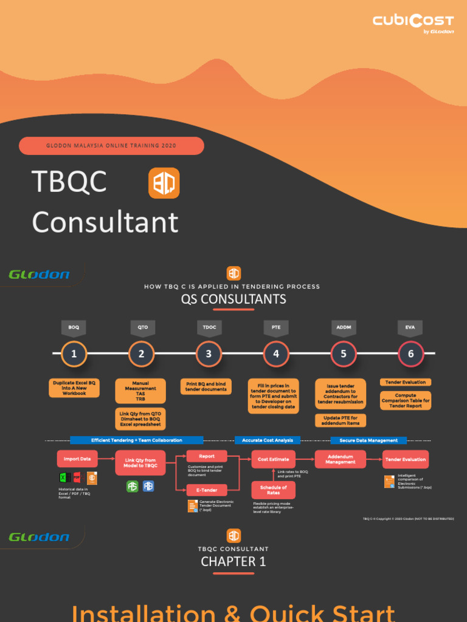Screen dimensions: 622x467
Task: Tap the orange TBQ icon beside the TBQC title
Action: click(x=164, y=183)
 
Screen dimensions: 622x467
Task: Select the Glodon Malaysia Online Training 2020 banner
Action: click(x=111, y=146)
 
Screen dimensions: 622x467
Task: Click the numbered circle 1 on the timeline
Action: click(x=74, y=354)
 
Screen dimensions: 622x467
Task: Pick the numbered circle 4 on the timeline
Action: click(x=276, y=354)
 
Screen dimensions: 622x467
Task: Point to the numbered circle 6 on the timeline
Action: click(x=410, y=354)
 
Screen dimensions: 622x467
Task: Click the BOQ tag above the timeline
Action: click(x=74, y=327)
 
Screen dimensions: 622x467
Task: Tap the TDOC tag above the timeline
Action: click(x=209, y=327)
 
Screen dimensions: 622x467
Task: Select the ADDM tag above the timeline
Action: click(x=344, y=327)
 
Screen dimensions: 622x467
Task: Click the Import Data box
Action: click(x=77, y=459)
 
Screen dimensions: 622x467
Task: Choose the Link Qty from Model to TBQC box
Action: click(x=141, y=463)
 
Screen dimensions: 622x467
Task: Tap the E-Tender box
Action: click(x=206, y=490)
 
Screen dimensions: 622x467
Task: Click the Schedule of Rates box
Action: click(x=274, y=490)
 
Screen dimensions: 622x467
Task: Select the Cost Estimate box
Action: click(x=274, y=459)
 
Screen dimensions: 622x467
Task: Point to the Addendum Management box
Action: click(x=341, y=459)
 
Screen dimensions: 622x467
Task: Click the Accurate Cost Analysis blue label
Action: click(x=268, y=440)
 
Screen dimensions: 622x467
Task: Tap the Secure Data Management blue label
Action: click(x=368, y=440)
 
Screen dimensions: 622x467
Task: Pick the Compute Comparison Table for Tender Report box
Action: click(x=406, y=401)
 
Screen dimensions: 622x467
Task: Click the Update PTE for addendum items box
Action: click(x=341, y=420)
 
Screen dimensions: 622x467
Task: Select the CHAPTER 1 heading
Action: click(x=233, y=561)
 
